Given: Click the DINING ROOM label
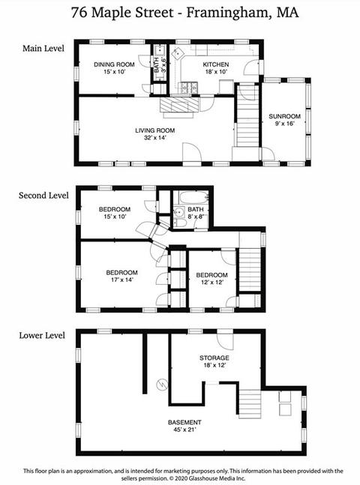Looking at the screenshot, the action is point(114,64).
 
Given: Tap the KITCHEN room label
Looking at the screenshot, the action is point(216,64).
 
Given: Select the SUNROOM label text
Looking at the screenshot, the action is point(284,117).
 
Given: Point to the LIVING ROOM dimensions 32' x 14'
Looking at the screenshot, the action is point(154,138).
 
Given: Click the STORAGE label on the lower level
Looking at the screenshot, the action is point(214,358).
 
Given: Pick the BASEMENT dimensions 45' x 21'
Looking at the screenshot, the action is point(184,430).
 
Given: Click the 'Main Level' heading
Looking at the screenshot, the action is point(43,48).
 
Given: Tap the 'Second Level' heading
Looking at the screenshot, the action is point(43,196).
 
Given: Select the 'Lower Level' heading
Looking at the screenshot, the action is point(42,336).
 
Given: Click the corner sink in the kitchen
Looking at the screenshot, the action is point(178,53).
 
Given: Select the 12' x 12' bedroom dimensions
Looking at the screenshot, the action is point(212,283).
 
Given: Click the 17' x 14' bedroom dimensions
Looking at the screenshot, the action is point(121,280).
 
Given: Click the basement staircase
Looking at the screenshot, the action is point(250,404).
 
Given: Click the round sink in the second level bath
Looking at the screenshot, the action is point(178,212).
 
